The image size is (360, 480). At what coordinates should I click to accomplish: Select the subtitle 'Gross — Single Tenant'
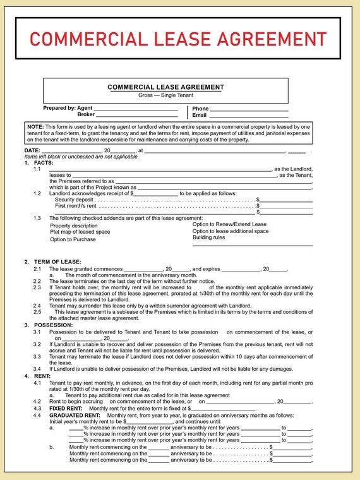point(165,95)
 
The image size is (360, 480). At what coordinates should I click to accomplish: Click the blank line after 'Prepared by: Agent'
point(136,109)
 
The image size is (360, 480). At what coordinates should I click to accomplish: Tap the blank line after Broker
point(136,116)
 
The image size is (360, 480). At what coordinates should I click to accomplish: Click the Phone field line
point(249,109)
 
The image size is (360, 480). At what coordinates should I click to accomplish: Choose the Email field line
point(249,116)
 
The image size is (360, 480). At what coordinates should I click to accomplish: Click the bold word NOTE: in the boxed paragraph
point(35,127)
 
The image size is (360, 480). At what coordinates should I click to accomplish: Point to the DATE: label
point(32,150)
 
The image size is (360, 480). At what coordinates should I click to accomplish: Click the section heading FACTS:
point(44,163)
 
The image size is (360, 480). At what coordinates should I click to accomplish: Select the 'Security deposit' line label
point(75,199)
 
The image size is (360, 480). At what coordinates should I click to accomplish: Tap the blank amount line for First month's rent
point(285,206)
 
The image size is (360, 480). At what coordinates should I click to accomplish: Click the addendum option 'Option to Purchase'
point(73,239)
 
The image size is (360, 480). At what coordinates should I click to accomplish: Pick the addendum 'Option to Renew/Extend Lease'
point(229,224)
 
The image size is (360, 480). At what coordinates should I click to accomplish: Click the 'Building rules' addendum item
point(208,237)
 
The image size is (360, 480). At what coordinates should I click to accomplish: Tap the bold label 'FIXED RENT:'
point(66,409)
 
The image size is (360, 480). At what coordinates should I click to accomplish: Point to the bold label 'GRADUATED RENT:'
point(75,416)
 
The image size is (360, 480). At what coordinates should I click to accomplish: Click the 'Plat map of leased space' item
point(80,232)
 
